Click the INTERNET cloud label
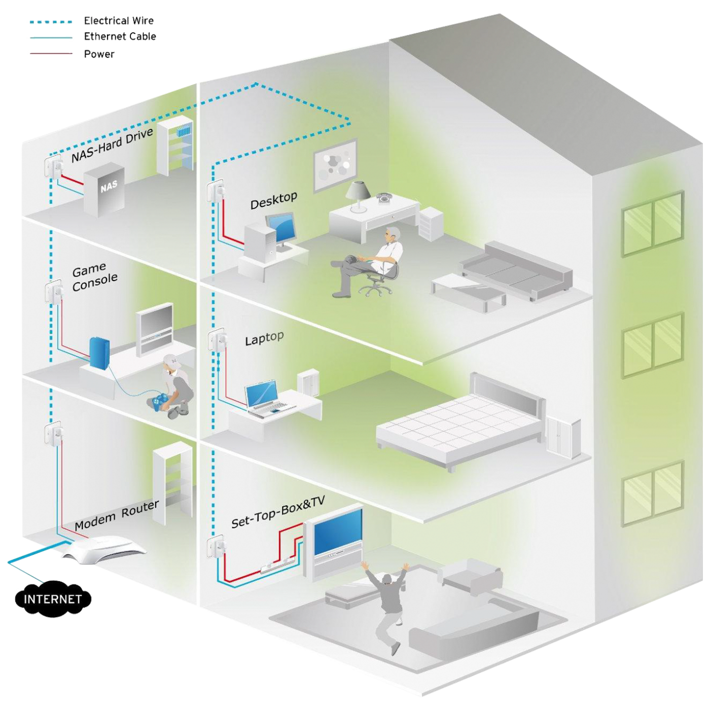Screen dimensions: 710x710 coord(52,599)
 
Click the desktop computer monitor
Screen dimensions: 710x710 coord(281,228)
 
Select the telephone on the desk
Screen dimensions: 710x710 coord(383,197)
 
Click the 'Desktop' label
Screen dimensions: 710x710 coord(273,200)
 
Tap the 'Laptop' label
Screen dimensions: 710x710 coord(264,338)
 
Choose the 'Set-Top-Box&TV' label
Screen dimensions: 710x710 coord(277,512)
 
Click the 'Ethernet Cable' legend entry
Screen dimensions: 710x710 coord(120,37)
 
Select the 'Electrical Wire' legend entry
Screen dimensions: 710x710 coord(119,21)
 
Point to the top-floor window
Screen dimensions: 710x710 coord(653,224)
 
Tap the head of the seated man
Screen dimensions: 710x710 coord(392,235)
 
